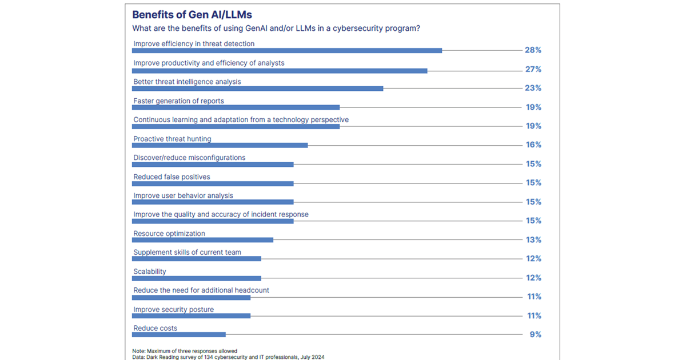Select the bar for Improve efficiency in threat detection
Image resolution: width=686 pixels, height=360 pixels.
pos(287,50)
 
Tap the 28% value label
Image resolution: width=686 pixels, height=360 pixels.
pos(533,50)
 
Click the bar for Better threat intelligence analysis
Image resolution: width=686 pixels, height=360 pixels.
pos(257,89)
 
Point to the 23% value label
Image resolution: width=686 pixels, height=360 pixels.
pos(533,89)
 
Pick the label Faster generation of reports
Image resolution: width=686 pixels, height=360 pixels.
pos(178,101)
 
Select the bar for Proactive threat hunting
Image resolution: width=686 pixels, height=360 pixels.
pos(220,145)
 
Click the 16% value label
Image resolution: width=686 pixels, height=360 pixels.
pos(533,145)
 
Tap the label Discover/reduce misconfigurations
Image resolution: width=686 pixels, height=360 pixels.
pos(189,158)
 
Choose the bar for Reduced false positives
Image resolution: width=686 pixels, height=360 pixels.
pos(213,183)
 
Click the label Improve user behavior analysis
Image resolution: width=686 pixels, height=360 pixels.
pos(183,195)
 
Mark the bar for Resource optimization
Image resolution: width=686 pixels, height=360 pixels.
pos(202,240)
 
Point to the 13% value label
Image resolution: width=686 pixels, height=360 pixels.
pos(533,240)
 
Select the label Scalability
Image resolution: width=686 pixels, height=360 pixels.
pos(150,271)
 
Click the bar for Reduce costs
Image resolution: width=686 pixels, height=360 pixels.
pos(179,335)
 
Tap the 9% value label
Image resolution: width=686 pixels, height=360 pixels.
pos(536,335)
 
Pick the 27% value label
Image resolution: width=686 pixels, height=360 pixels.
pos(533,70)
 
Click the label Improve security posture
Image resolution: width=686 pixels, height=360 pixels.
pos(173,309)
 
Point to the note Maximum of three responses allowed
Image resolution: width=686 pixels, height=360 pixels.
pos(185,351)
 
